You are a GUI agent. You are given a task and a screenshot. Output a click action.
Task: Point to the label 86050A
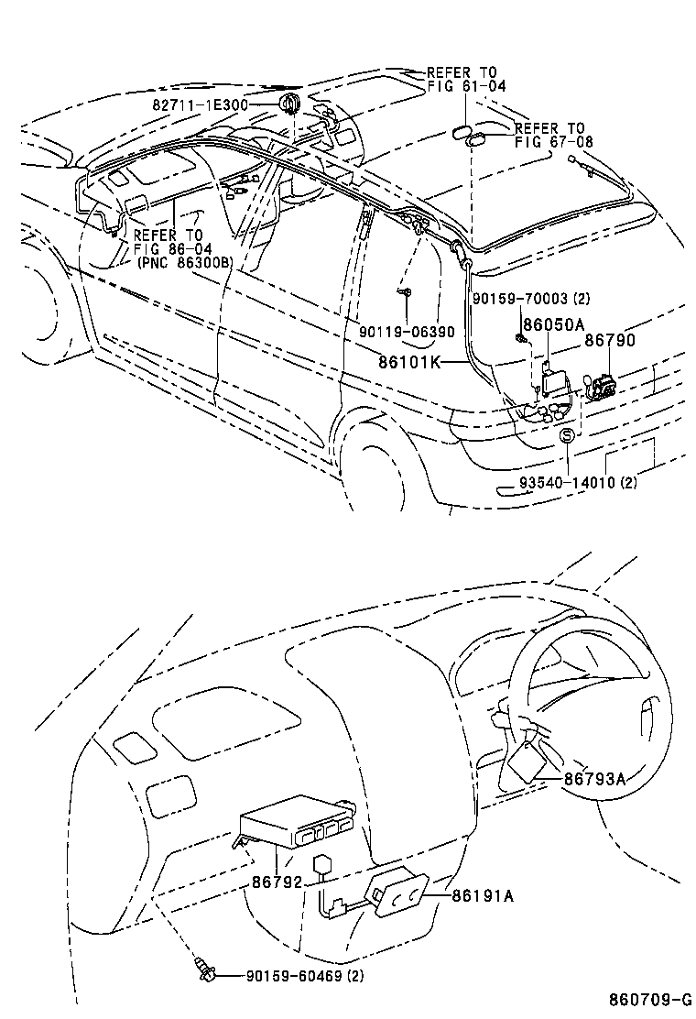coord(553,325)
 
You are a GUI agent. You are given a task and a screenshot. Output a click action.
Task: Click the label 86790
coord(610,341)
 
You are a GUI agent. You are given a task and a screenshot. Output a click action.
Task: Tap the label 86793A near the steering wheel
coord(594,779)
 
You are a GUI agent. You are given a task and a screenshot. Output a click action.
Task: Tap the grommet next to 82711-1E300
coord(289,103)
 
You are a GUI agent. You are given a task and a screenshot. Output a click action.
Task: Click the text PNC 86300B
coord(184,261)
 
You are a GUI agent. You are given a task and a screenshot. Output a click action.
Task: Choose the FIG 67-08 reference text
coord(553,142)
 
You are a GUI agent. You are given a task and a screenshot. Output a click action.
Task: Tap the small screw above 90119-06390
coord(405,292)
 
